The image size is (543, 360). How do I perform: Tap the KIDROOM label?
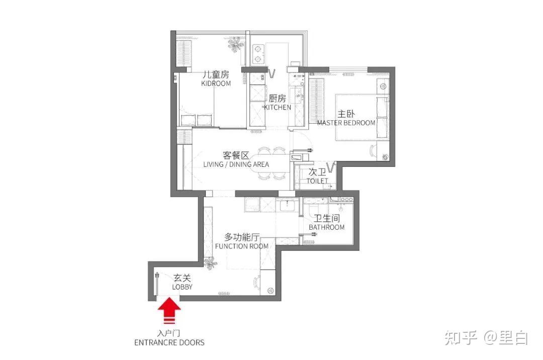[216, 83]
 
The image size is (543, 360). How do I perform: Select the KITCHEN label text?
[278, 107]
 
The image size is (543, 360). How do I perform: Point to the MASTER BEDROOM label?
[346, 123]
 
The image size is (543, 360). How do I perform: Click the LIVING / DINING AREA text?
[236, 164]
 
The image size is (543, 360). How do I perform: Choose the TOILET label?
[317, 181]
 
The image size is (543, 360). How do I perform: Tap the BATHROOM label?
[327, 227]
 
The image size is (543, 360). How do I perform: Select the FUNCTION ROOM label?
[242, 246]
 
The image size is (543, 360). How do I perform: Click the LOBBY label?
[182, 287]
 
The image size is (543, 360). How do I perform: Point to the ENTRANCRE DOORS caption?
[169, 343]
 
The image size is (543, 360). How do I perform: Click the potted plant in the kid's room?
[236, 44]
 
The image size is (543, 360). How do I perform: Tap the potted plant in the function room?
[210, 263]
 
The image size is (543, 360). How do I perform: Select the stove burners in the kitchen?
[258, 54]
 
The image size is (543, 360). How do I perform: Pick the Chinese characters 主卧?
[346, 114]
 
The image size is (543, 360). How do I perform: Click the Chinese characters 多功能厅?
[242, 237]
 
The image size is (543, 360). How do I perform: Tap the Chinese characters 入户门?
[168, 334]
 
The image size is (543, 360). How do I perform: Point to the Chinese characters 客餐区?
[236, 155]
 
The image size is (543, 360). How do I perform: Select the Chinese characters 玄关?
[182, 278]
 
